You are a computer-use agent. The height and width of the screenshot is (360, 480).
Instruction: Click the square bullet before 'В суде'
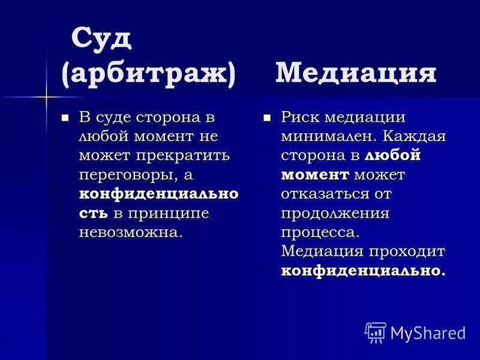[66, 116]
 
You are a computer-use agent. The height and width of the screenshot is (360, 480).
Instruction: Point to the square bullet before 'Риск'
[268, 116]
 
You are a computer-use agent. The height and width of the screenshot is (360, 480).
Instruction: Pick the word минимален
[322, 136]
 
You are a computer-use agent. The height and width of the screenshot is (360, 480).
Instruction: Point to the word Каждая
[414, 136]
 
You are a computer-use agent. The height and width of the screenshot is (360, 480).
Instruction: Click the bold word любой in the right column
[392, 155]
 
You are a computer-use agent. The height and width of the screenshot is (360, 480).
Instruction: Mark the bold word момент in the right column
[315, 175]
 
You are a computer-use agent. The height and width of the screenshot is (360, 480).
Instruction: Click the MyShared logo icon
[375, 332]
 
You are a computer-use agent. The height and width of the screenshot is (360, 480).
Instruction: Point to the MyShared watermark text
[428, 332]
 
